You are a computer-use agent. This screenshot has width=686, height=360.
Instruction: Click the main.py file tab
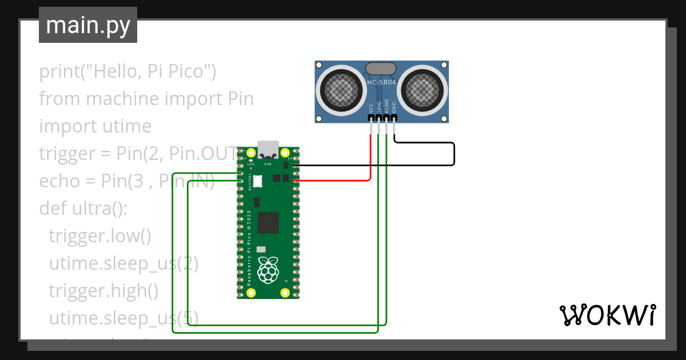[87, 25]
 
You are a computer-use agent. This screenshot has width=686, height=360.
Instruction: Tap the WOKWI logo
[607, 315]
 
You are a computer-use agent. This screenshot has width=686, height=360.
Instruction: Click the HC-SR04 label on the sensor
[381, 82]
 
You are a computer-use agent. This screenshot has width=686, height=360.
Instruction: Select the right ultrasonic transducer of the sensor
[424, 89]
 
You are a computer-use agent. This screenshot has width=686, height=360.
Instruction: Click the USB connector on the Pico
[268, 149]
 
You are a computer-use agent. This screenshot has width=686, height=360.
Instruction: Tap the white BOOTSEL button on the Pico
[257, 181]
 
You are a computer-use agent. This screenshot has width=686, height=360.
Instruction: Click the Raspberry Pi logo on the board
[268, 270]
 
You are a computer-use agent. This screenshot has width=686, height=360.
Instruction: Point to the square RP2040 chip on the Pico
[268, 222]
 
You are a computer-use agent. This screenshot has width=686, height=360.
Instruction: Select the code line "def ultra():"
[82, 209]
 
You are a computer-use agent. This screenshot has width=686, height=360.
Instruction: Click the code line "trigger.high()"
[103, 291]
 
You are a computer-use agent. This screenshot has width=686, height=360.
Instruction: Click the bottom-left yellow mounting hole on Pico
[251, 293]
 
